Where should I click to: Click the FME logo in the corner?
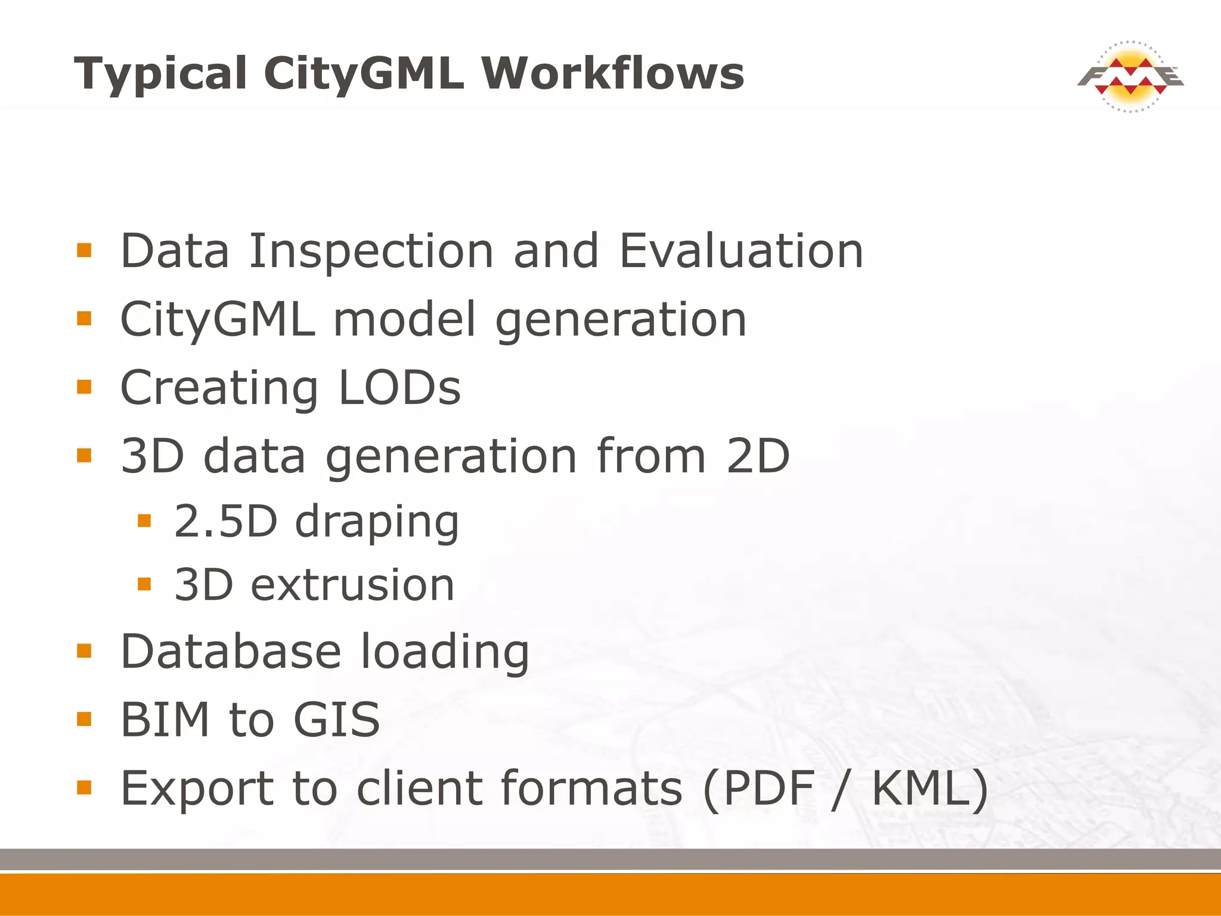point(1130,77)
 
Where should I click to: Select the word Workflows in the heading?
point(613,74)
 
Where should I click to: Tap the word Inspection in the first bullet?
point(371,251)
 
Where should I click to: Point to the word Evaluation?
point(741,251)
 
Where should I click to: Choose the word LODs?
point(399,388)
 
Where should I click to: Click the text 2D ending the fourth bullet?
point(758,456)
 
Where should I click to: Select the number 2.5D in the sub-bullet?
point(226,521)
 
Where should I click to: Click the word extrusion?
point(352,585)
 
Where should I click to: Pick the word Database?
point(231,651)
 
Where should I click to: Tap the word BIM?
point(165,720)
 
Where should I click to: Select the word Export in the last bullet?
point(196,788)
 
